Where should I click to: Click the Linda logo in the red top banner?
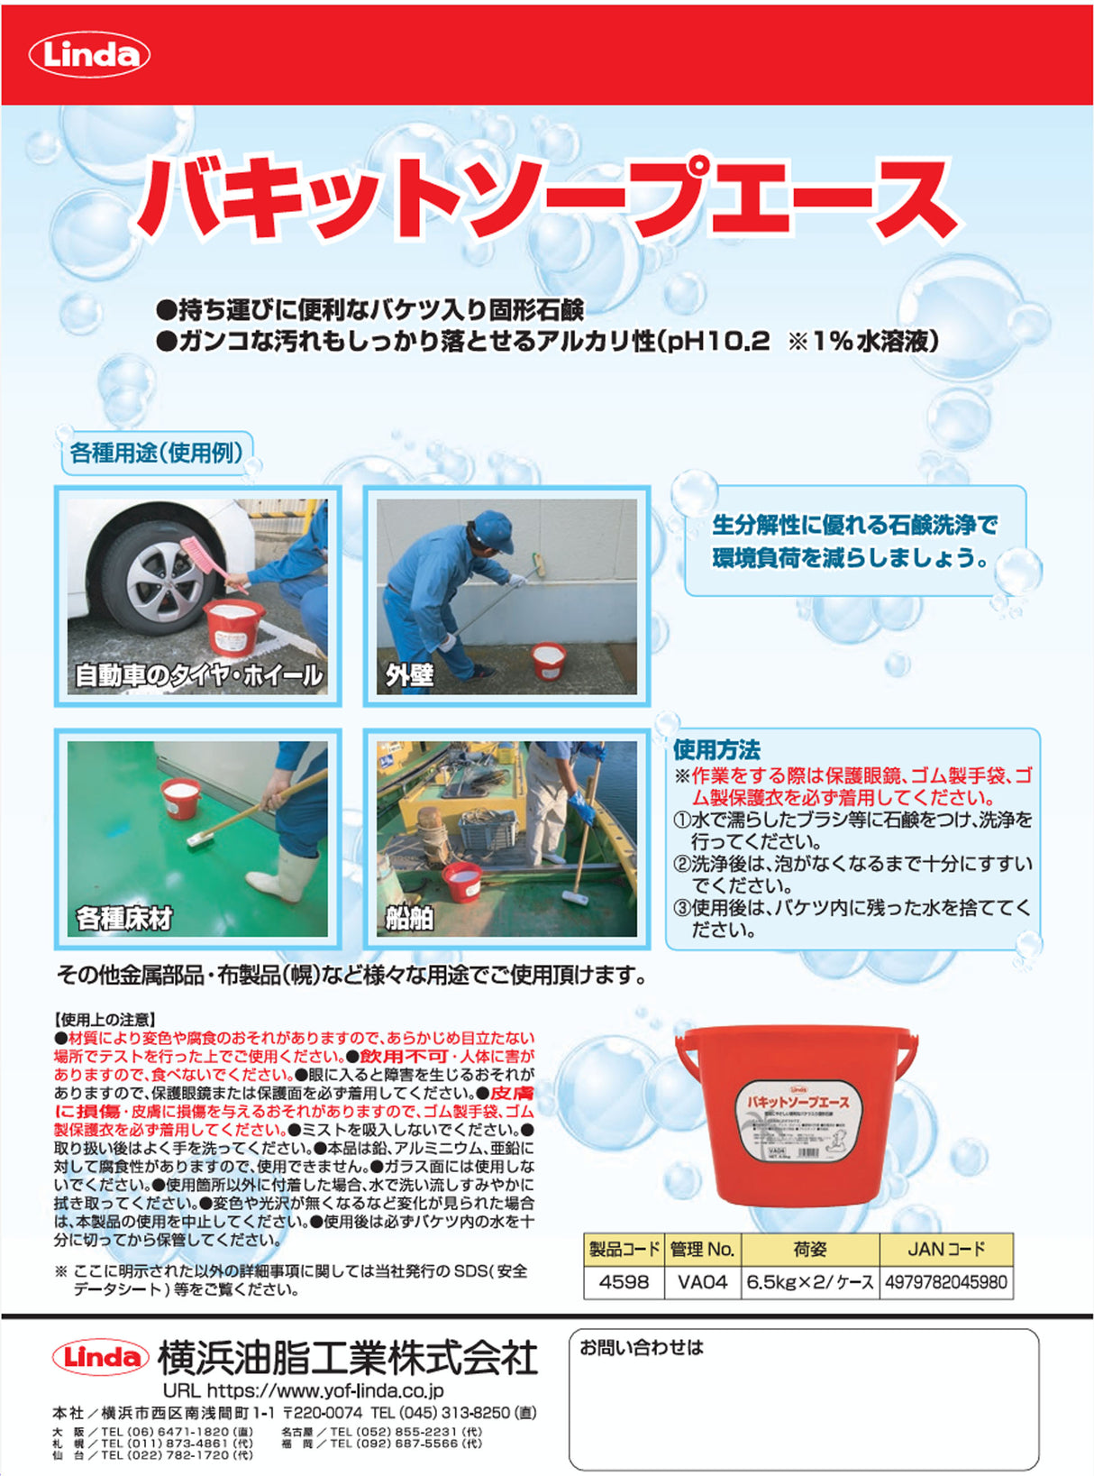(90, 55)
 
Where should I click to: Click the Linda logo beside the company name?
(101, 1357)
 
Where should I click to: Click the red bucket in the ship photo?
(461, 881)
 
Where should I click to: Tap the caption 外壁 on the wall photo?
(409, 674)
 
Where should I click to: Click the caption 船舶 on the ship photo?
(409, 918)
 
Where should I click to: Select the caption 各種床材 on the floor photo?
(124, 918)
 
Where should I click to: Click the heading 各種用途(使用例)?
(157, 453)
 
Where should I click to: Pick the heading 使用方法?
(716, 749)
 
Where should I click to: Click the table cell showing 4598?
(624, 1282)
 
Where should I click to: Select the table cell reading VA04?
(702, 1282)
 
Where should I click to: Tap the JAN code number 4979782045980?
(945, 1282)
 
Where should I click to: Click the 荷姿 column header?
(809, 1250)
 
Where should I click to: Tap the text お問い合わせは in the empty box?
(641, 1348)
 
